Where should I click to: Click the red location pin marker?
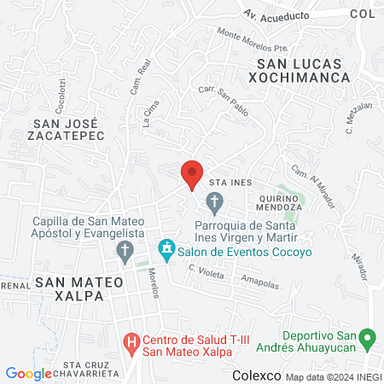pyautogui.click(x=192, y=173)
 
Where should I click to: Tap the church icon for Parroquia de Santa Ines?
pyautogui.click(x=214, y=204)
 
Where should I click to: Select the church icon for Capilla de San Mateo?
pyautogui.click(x=125, y=251)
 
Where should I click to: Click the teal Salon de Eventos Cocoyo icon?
pyautogui.click(x=166, y=251)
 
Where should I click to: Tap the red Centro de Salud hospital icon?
pyautogui.click(x=131, y=344)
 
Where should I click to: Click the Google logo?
pyautogui.click(x=28, y=373)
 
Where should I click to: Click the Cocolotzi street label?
pyautogui.click(x=61, y=96)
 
